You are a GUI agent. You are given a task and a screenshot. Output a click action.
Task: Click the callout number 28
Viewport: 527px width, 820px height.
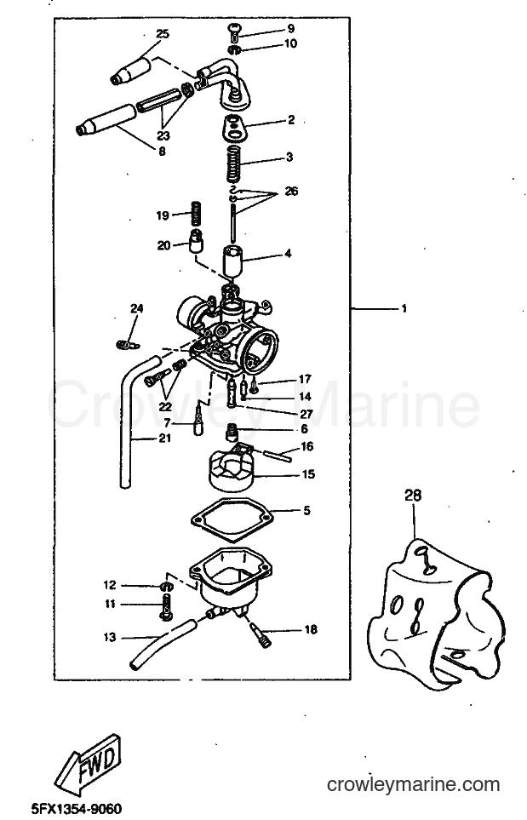(x=413, y=495)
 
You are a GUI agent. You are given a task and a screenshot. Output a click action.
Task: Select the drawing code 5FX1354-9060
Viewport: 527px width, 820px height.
(x=77, y=809)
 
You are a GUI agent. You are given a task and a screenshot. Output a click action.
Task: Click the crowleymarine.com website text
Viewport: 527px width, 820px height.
(x=413, y=784)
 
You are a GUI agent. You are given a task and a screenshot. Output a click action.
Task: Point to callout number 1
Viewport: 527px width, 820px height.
(x=404, y=309)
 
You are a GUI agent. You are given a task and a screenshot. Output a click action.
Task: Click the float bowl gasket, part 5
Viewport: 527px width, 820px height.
(x=232, y=519)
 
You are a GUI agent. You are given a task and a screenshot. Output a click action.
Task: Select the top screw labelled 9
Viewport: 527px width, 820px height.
(x=234, y=31)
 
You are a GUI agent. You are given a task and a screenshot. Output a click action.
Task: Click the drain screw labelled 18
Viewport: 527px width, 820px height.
(x=260, y=633)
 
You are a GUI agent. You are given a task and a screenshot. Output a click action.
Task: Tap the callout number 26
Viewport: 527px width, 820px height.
(x=291, y=192)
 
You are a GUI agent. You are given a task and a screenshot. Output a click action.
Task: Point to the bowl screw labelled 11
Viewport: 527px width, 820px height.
(x=165, y=609)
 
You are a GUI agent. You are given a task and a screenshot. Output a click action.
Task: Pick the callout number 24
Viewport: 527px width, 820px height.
(x=136, y=308)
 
